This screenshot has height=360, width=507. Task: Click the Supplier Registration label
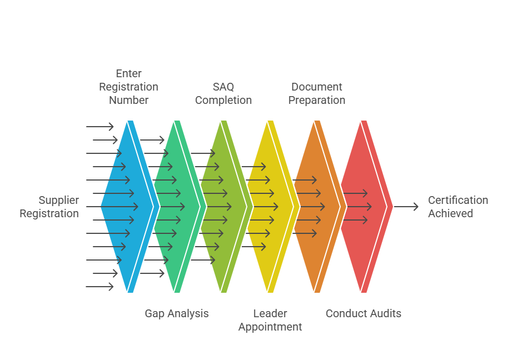(x=49, y=207)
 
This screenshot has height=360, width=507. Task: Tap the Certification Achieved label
(x=458, y=207)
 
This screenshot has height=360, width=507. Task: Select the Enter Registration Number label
(x=128, y=87)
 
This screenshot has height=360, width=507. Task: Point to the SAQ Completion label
(x=223, y=93)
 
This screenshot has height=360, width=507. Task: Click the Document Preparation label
(x=317, y=93)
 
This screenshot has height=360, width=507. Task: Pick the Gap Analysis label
(x=177, y=313)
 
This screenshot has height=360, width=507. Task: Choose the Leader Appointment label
(x=270, y=320)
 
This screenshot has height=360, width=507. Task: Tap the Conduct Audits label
(x=364, y=313)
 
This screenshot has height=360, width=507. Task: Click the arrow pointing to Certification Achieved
(x=406, y=207)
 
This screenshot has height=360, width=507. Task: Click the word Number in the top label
(x=128, y=100)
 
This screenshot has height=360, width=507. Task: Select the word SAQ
(x=223, y=87)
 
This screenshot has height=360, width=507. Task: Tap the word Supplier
(x=59, y=200)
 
